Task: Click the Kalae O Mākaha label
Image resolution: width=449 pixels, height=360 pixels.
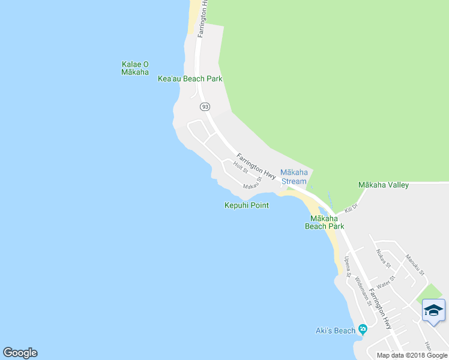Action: pyautogui.click(x=134, y=68)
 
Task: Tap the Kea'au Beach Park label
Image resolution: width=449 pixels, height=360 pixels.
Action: pyautogui.click(x=190, y=79)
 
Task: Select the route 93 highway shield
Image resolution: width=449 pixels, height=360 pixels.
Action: pyautogui.click(x=205, y=106)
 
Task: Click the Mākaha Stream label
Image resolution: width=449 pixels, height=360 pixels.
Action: pyautogui.click(x=294, y=177)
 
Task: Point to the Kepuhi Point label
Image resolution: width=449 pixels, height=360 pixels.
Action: pyautogui.click(x=246, y=205)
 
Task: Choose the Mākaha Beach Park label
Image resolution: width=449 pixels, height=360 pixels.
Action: pyautogui.click(x=324, y=222)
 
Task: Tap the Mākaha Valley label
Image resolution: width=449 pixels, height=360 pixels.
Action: pyautogui.click(x=383, y=185)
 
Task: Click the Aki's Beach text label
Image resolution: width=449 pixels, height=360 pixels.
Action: pyautogui.click(x=335, y=330)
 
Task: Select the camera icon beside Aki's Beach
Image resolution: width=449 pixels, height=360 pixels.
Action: pyautogui.click(x=362, y=329)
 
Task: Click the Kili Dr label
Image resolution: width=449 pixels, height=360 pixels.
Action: pyautogui.click(x=351, y=208)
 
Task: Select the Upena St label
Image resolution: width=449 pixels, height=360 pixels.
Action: pyautogui.click(x=347, y=265)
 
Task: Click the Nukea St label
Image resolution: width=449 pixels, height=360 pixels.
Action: pyautogui.click(x=383, y=259)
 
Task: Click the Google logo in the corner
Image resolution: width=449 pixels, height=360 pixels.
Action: pyautogui.click(x=20, y=353)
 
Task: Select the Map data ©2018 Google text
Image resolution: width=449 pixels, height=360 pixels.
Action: pyautogui.click(x=411, y=355)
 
